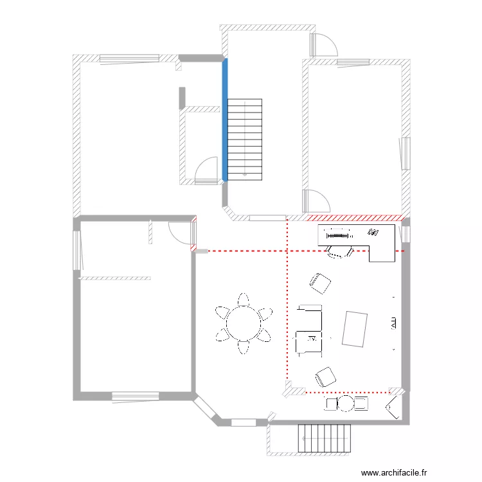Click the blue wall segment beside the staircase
(225, 120)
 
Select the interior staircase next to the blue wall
(245, 139)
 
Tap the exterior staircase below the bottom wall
(325, 438)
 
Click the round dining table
(244, 323)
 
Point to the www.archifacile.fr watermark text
(394, 472)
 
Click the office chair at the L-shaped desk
(340, 251)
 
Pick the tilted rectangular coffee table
(354, 329)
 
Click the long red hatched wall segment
(354, 218)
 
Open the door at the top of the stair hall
(323, 45)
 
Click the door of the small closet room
(206, 171)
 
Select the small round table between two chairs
(346, 404)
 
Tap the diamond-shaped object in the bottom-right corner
(393, 407)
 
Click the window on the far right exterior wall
(406, 154)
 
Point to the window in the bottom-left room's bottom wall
(135, 397)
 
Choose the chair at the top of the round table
(244, 299)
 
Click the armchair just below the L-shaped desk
(320, 283)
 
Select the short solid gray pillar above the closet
(183, 98)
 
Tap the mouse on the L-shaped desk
(373, 232)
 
